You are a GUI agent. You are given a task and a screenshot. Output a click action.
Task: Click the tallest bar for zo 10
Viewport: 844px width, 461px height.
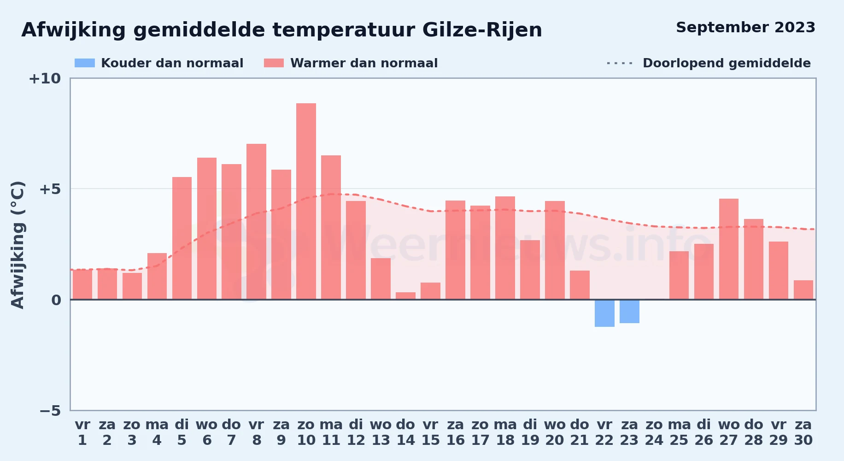306,201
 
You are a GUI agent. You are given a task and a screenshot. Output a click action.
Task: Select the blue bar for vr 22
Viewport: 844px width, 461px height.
604,313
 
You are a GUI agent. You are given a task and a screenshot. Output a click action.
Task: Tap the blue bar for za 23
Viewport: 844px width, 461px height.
629,311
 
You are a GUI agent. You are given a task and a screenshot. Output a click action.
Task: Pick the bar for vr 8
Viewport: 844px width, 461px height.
256,222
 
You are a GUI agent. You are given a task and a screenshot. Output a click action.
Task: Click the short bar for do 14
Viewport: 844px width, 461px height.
405,296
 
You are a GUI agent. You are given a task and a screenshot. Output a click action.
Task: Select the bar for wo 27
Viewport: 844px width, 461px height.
729,249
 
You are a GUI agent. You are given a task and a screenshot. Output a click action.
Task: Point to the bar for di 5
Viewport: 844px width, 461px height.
182,238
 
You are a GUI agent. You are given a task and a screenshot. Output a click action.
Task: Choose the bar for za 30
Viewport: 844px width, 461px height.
803,290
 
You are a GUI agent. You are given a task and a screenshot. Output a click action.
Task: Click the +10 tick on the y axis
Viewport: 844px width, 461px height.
45,78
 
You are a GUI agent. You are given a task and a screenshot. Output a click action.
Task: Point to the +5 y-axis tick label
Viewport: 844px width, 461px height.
50,189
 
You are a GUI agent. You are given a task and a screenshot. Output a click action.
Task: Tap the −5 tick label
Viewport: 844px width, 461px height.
50,410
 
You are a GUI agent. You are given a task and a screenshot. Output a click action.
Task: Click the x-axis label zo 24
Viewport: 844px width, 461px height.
654,432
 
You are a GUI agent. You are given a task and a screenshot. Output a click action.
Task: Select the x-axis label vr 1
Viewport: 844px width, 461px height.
82,432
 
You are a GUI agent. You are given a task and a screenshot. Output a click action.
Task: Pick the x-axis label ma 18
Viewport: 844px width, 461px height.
505,432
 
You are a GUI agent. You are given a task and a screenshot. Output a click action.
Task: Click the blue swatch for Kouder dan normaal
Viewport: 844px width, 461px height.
85,63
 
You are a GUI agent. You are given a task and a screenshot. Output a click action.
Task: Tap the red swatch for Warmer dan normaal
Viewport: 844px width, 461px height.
274,63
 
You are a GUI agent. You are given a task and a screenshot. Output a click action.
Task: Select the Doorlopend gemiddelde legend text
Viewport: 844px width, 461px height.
727,63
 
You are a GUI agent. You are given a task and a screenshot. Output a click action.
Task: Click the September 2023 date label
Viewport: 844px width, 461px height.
745,27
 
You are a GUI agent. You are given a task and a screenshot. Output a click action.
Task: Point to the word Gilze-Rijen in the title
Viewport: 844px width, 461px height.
482,30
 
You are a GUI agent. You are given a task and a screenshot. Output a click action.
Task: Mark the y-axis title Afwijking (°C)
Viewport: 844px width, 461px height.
18,245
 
